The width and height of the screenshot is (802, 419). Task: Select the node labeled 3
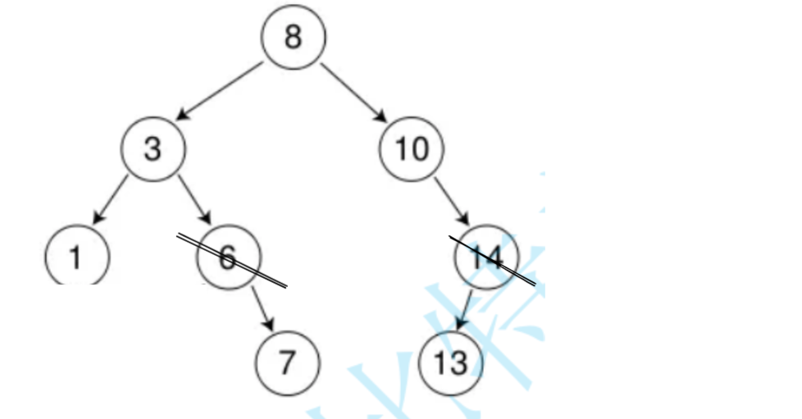pos(153,150)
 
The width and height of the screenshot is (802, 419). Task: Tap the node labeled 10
pos(412,150)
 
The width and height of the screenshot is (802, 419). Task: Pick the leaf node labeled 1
pos(75,257)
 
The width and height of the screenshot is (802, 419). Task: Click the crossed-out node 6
pos(228,257)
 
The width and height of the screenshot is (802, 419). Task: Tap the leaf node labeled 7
pos(285,362)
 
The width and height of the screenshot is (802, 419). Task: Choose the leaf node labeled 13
pos(450,362)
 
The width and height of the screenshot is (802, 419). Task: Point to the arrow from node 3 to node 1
pos(112,198)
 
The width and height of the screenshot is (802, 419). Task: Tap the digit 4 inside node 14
pos(494,257)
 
